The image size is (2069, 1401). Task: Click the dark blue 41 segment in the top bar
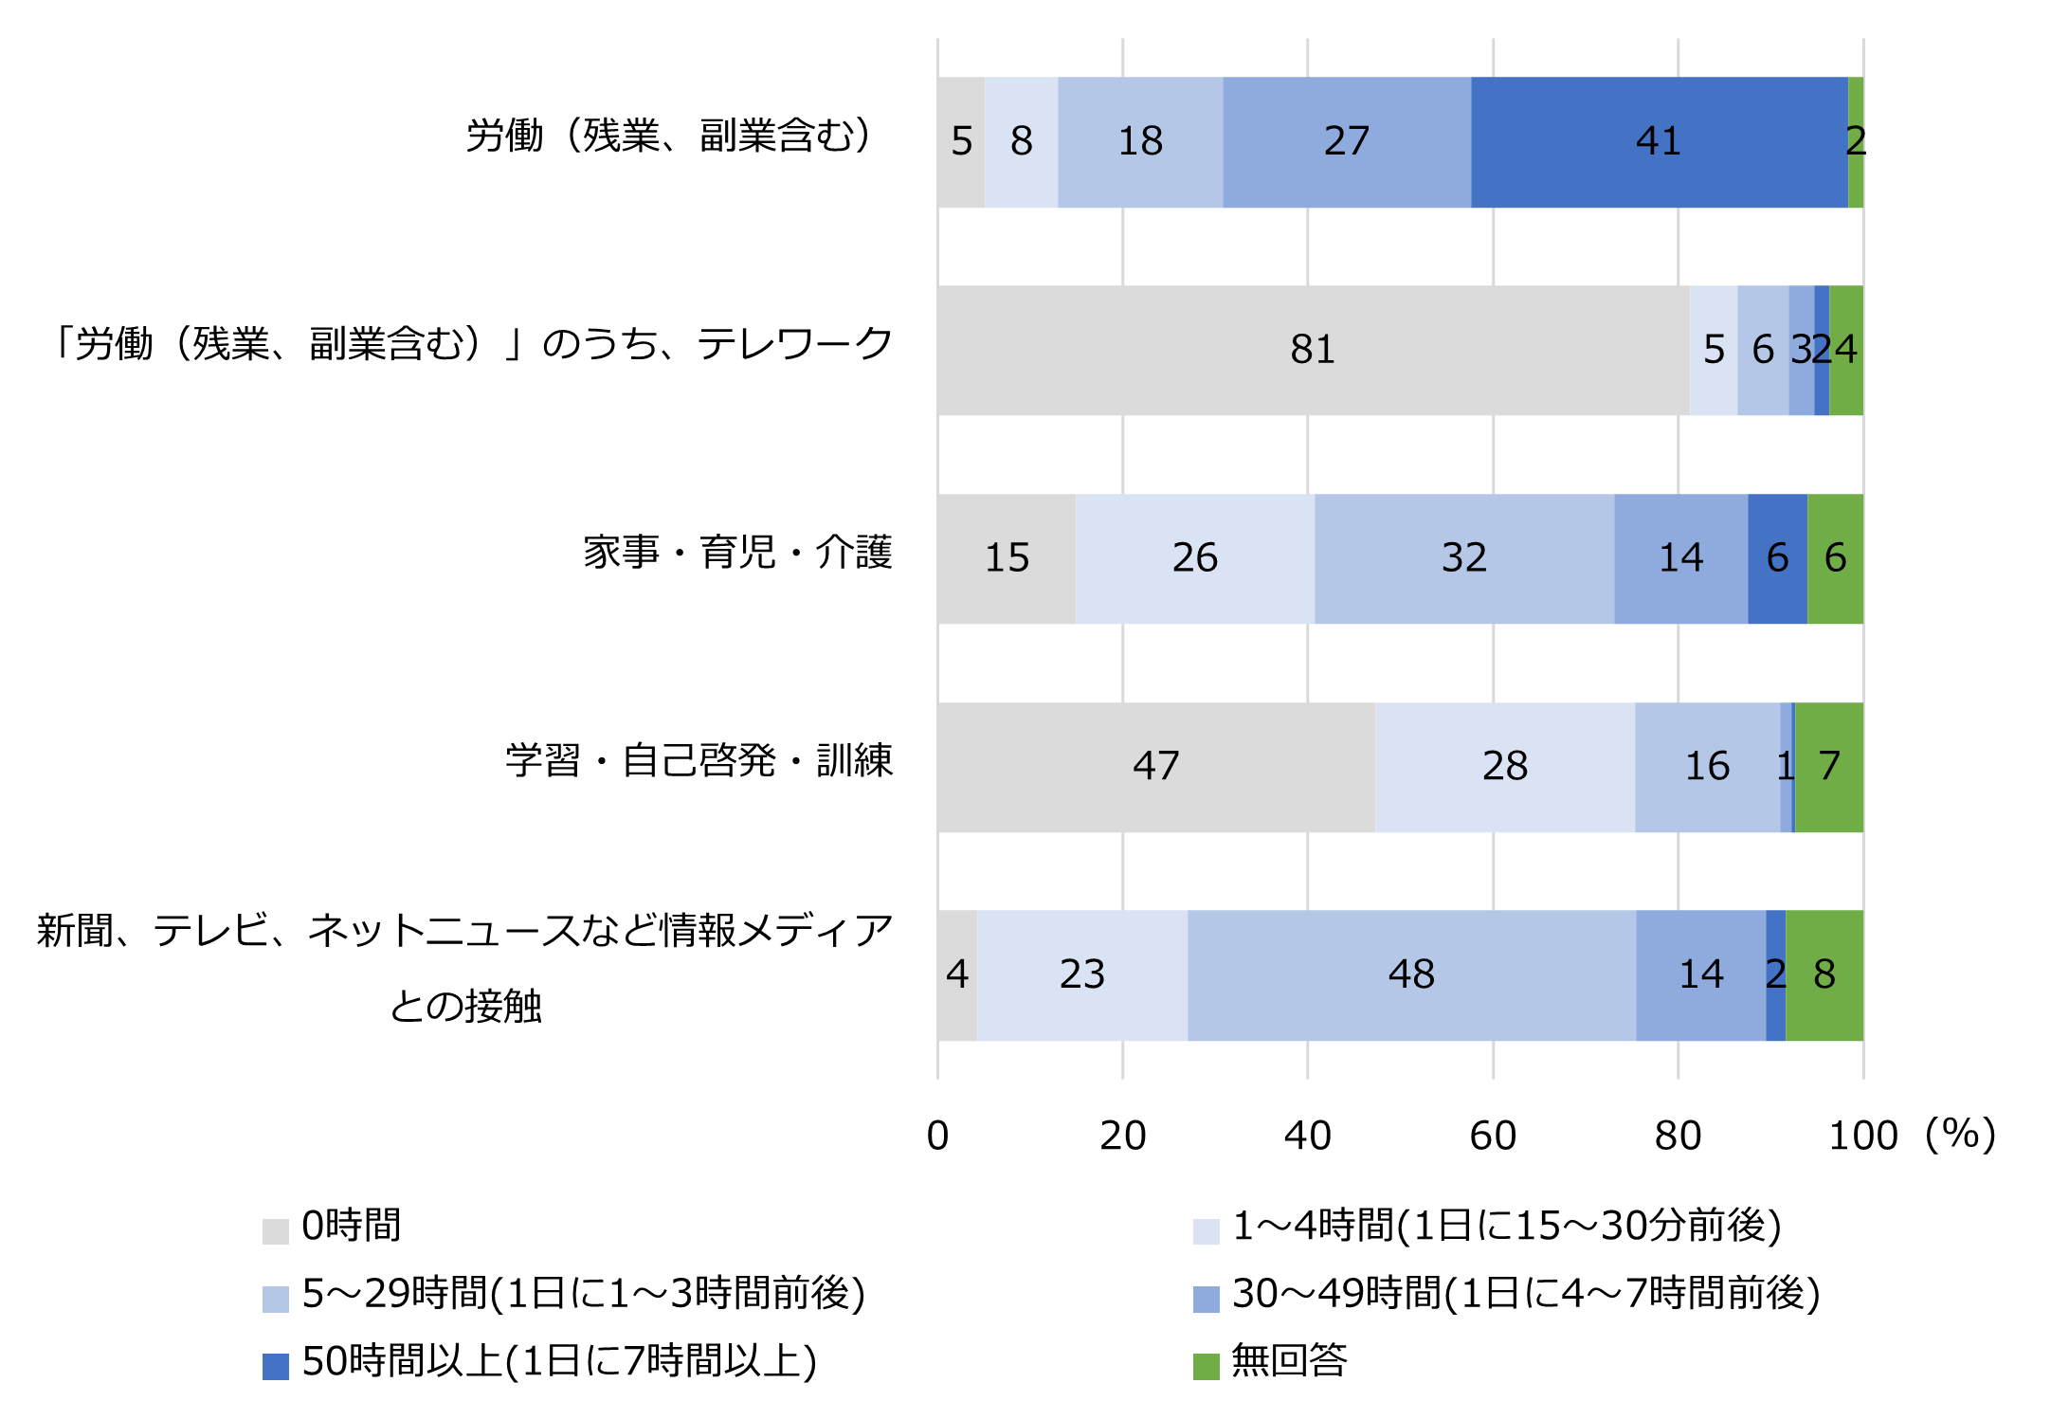[1659, 142]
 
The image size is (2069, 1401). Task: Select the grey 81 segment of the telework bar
[1313, 350]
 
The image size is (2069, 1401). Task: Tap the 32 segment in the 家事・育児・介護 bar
[1464, 558]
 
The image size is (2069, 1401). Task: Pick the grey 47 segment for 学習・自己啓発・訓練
[1155, 767]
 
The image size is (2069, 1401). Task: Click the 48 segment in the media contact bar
[1411, 975]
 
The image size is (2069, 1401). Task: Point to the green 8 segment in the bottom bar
[1824, 975]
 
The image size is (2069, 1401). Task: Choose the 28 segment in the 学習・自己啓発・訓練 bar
[1504, 767]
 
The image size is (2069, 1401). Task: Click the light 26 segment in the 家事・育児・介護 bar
[1194, 558]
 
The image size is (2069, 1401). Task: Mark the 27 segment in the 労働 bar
[1346, 142]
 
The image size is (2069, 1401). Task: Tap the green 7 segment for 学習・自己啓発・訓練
[1829, 767]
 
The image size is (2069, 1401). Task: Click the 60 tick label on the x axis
[1493, 1136]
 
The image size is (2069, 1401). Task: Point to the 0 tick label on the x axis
[937, 1136]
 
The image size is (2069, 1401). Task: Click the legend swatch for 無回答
[1206, 1366]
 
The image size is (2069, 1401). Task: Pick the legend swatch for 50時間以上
[276, 1366]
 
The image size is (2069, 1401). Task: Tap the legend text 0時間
[352, 1226]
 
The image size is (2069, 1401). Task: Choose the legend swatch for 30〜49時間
[1206, 1299]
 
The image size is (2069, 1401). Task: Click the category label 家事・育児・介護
[737, 553]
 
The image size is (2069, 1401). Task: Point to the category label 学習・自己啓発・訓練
[699, 761]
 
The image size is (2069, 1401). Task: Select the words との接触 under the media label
[465, 1007]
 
